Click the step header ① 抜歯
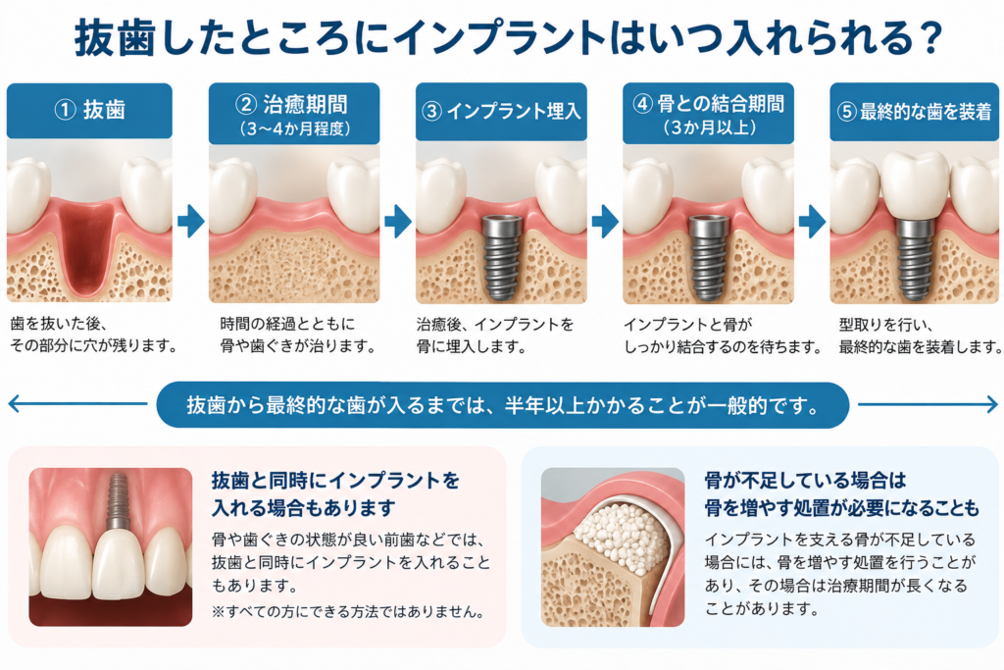click(x=89, y=110)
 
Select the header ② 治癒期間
click(x=294, y=114)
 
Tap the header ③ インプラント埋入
click(x=501, y=112)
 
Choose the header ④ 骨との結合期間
click(x=708, y=114)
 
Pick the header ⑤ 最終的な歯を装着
click(x=915, y=112)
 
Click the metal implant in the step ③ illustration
click(x=502, y=257)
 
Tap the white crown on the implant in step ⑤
click(x=916, y=185)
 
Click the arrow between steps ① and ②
click(x=191, y=222)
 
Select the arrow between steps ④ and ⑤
click(x=813, y=222)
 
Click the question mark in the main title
click(x=929, y=38)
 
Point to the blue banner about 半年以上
click(x=503, y=405)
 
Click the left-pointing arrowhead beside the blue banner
click(x=15, y=403)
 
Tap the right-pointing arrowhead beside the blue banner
click(x=991, y=404)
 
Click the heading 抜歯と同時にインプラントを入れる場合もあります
click(x=335, y=493)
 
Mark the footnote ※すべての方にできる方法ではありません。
click(x=348, y=612)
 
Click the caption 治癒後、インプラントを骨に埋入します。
click(x=495, y=335)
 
